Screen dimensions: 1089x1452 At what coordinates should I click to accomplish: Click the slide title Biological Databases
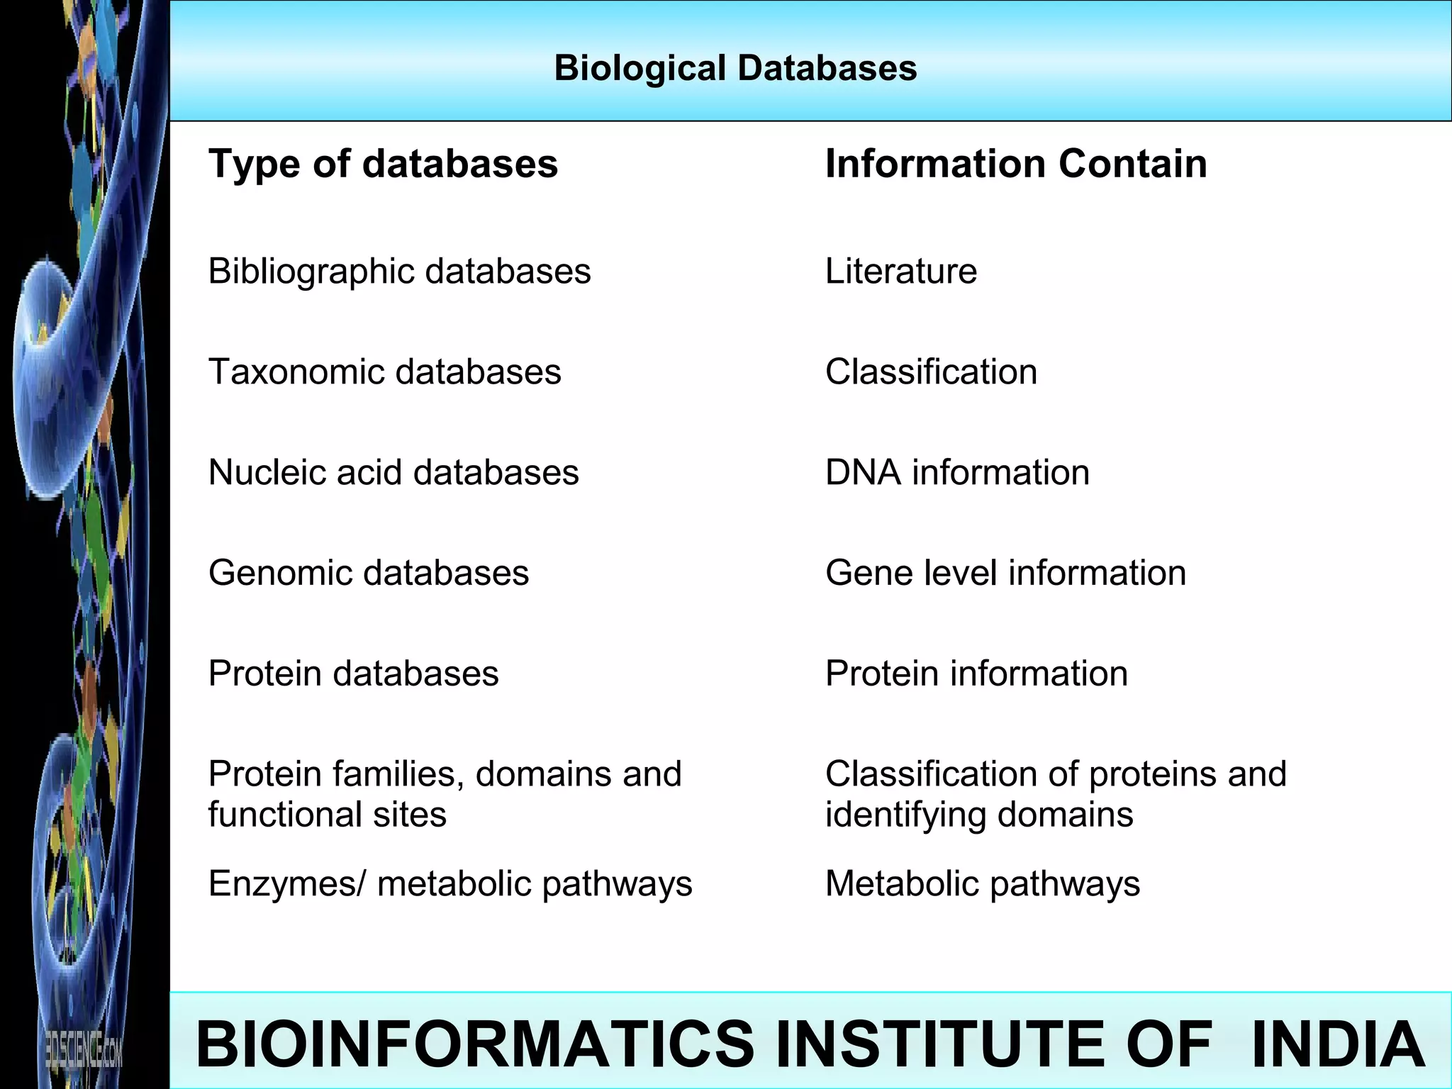[735, 69]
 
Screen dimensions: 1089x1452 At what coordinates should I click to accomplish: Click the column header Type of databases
[383, 164]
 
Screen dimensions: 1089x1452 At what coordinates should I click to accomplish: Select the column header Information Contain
[1015, 164]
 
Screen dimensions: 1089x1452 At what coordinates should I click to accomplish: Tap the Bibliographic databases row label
[399, 271]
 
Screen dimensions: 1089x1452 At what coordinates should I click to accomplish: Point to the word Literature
[900, 271]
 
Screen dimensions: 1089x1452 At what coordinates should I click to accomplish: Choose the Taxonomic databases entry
[384, 372]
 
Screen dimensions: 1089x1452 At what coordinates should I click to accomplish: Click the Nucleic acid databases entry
[393, 472]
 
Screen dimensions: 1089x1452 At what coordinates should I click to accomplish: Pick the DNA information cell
[957, 472]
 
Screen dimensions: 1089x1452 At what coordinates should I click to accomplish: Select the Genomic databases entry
[368, 573]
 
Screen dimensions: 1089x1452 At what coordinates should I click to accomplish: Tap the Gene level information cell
[1005, 573]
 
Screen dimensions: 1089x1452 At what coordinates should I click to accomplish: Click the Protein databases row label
[353, 674]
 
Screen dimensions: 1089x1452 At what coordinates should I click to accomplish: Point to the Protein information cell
[976, 674]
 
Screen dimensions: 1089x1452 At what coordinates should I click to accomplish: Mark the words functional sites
[327, 815]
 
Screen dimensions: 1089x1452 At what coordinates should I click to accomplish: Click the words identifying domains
[978, 815]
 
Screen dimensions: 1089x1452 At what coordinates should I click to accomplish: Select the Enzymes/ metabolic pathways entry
[450, 884]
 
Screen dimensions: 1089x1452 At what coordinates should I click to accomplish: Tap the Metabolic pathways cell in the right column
[983, 884]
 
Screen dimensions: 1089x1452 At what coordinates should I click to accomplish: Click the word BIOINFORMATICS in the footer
[475, 1044]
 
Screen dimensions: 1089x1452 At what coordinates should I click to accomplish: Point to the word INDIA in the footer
[1338, 1044]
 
